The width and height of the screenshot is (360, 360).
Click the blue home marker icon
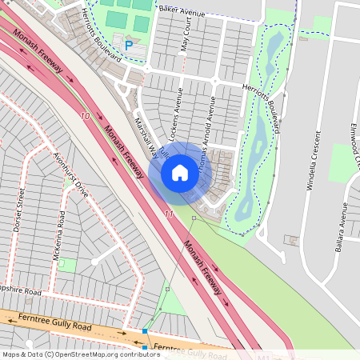[180, 172]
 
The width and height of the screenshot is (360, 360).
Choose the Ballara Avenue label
[344, 224]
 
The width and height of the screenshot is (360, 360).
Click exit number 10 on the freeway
[86, 117]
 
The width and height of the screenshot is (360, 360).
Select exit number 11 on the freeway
[168, 214]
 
